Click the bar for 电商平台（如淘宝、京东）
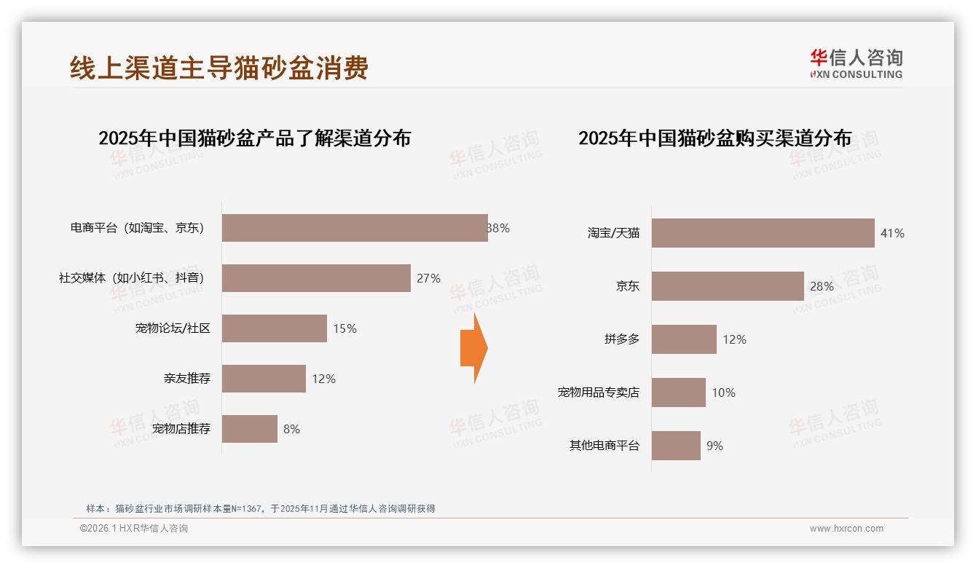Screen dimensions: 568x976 (355, 228)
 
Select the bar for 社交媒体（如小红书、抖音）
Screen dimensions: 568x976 (316, 278)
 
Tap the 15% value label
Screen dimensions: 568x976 (345, 328)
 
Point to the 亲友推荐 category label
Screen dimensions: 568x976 (186, 379)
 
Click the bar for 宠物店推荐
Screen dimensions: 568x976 (250, 429)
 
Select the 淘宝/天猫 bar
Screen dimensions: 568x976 (763, 233)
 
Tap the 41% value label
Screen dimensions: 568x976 (892, 233)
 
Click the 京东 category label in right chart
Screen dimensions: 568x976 (627, 286)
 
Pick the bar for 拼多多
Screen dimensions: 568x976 (684, 339)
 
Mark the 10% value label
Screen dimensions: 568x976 (723, 393)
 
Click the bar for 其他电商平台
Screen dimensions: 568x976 (676, 446)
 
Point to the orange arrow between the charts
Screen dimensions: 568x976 (473, 348)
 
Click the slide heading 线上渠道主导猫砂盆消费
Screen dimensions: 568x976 (219, 68)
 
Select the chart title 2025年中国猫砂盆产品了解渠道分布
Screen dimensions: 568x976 (255, 138)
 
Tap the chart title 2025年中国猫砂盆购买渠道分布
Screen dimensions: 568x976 (715, 138)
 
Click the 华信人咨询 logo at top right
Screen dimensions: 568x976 (856, 63)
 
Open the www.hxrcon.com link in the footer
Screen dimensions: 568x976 (846, 529)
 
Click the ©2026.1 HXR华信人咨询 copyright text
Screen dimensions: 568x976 (134, 529)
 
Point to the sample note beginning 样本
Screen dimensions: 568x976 (260, 508)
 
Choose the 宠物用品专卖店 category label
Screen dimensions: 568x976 (598, 393)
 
